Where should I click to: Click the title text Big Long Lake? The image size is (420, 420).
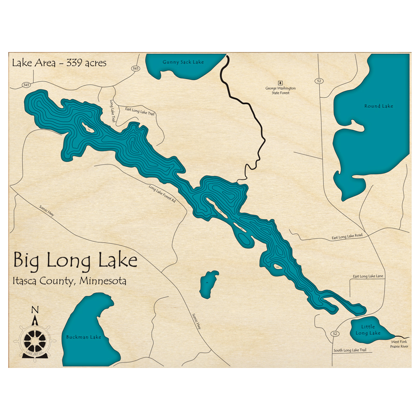(75, 260)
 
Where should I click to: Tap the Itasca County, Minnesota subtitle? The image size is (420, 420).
(70, 281)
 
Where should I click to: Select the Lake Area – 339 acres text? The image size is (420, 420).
(59, 63)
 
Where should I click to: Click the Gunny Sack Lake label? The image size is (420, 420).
(183, 62)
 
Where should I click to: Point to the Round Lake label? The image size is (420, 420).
(378, 106)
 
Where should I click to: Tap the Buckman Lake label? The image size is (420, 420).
(84, 337)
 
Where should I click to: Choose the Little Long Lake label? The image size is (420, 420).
(368, 330)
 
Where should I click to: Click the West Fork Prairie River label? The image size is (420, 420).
(399, 344)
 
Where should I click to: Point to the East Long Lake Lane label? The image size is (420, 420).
(368, 276)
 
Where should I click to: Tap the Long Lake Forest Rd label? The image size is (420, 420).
(162, 194)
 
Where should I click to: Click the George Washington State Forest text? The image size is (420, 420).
(280, 90)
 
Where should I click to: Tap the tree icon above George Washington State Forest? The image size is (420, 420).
(280, 83)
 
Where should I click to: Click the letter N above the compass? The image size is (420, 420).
(35, 310)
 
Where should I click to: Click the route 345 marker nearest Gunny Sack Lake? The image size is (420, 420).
(135, 68)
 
